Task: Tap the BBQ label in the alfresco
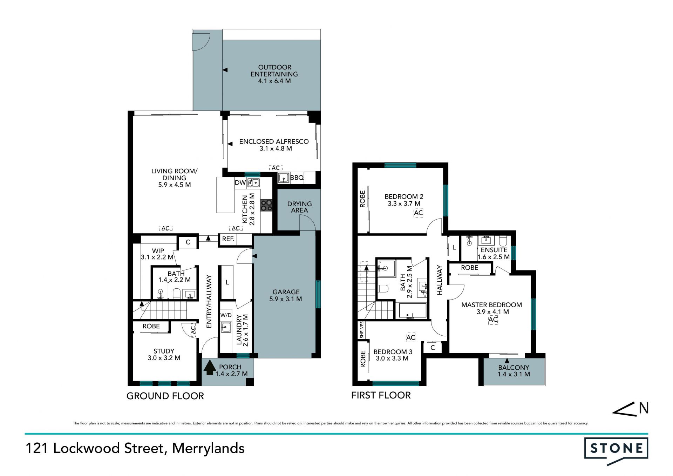(297, 178)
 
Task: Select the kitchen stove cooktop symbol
(266, 205)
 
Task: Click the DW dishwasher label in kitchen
(240, 182)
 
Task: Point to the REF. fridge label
(228, 239)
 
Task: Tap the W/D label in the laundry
(226, 315)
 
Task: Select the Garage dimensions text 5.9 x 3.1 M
(286, 299)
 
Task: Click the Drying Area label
(299, 207)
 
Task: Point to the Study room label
(164, 351)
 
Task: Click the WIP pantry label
(158, 251)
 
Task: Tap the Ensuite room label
(494, 250)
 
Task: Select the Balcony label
(514, 368)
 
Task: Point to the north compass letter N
(644, 408)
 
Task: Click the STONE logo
(616, 450)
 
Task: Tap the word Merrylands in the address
(208, 448)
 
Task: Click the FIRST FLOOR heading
(381, 395)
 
